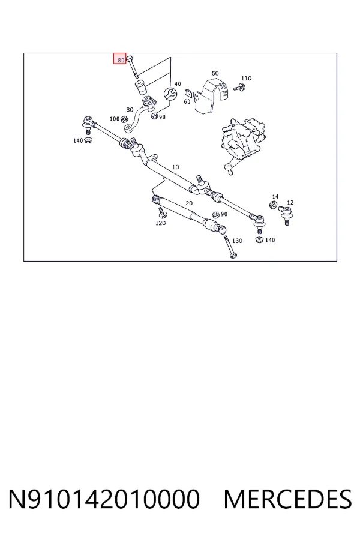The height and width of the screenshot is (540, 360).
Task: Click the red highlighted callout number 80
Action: (x=120, y=59)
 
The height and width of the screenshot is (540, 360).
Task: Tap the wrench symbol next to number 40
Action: (x=170, y=94)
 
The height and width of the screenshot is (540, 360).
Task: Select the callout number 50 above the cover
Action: (x=215, y=73)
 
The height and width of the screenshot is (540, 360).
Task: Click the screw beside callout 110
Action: (x=239, y=87)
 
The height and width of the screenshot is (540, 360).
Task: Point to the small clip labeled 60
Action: (x=189, y=93)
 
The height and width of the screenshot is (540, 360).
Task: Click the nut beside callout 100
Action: (x=124, y=119)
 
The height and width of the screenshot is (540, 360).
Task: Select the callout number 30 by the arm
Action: (x=130, y=110)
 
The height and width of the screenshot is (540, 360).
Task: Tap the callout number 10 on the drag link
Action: (x=175, y=167)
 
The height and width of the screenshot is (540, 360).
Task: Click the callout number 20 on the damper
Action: (x=189, y=203)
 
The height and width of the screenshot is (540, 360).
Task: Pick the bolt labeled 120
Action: (x=161, y=212)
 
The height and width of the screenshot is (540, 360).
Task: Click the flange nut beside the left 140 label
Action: (x=89, y=140)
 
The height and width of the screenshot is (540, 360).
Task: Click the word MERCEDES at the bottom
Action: (x=287, y=499)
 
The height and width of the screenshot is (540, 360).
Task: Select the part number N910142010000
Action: (x=104, y=499)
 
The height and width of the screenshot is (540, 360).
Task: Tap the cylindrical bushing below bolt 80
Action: (x=140, y=88)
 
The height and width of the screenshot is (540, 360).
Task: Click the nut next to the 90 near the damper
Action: (x=216, y=215)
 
